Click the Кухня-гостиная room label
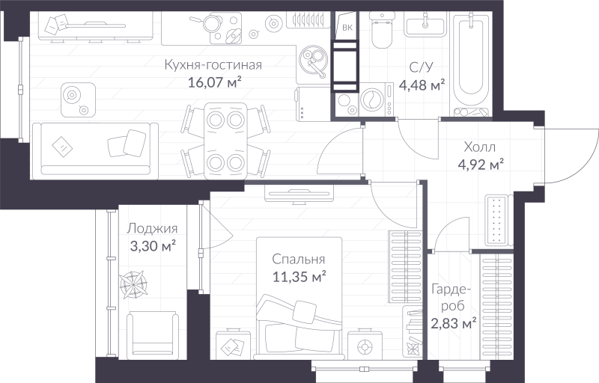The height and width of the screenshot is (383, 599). pos(213,65)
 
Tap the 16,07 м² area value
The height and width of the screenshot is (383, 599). pos(213,82)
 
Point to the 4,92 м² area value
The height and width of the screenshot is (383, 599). pos(479,164)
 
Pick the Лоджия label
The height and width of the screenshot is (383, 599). pos(152,229)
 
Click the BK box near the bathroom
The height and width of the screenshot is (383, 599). pos(347,28)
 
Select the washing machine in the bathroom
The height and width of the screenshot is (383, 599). pos(371,100)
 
